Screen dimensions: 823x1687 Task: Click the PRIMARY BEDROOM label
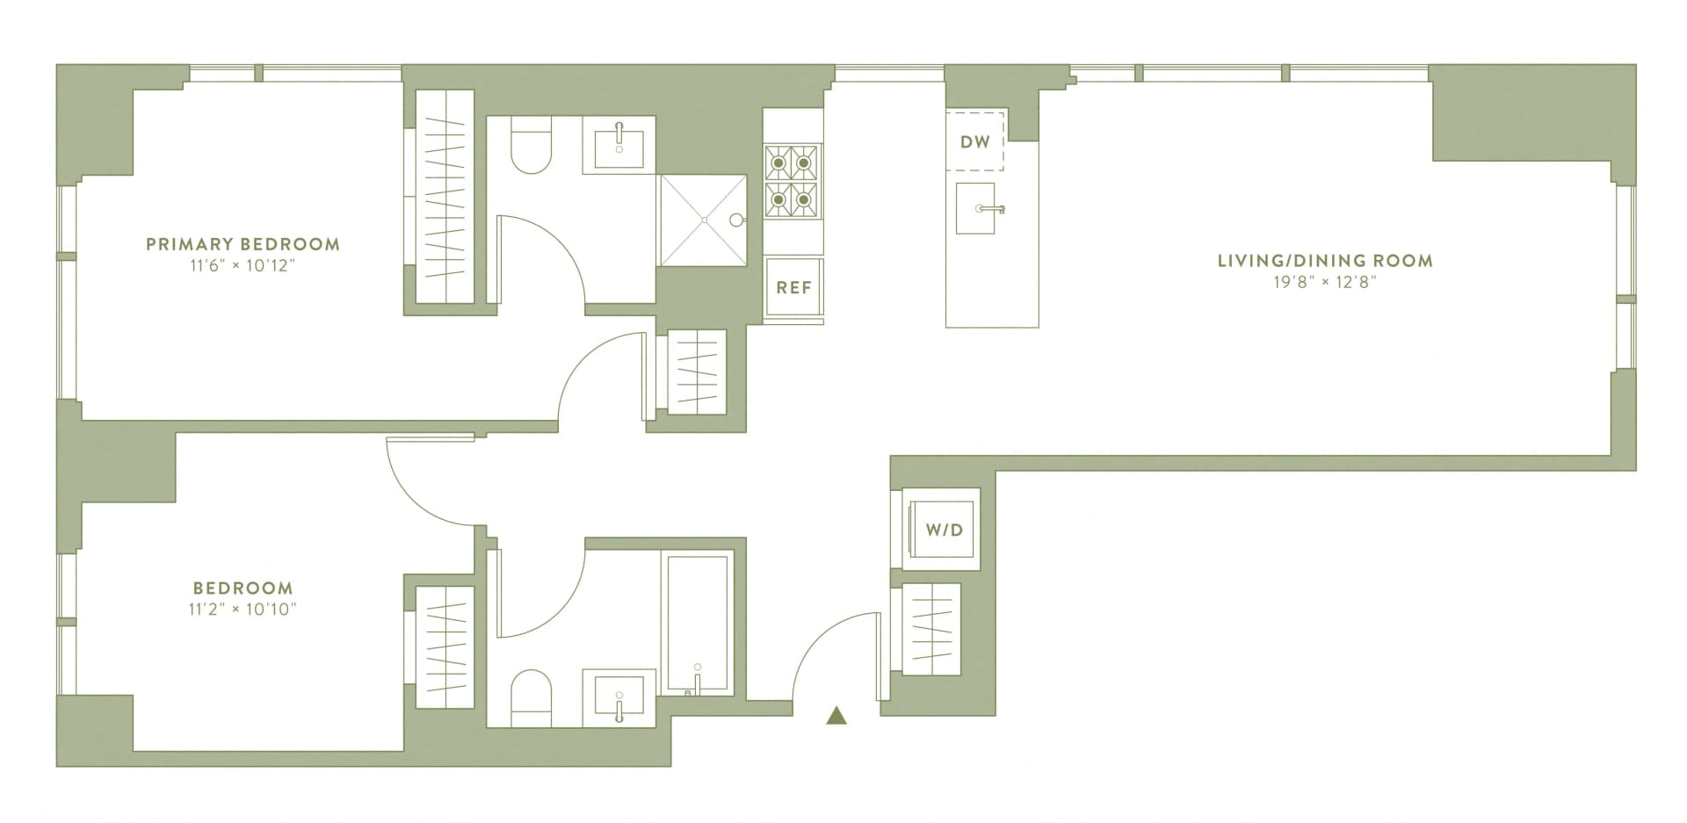tap(243, 244)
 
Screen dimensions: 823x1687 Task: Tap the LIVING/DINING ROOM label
tap(1325, 260)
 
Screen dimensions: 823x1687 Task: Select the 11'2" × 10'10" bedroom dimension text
tap(243, 609)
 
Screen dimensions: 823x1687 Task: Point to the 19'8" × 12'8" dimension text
tap(1325, 282)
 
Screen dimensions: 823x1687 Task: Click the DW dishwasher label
tap(974, 141)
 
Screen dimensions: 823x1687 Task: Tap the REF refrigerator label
tap(793, 288)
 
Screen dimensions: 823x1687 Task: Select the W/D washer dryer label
tap(944, 530)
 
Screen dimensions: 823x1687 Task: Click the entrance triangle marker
tap(836, 717)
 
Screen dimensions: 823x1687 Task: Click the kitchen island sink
tap(976, 209)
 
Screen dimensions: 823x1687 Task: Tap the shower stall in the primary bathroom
tap(703, 219)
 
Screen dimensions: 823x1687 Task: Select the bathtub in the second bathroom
tap(699, 622)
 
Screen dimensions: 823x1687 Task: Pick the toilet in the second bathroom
tap(532, 698)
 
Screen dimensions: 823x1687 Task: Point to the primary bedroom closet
tap(445, 198)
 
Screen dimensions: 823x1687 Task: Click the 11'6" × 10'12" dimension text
tap(243, 265)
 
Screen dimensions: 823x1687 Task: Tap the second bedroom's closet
tap(445, 646)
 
